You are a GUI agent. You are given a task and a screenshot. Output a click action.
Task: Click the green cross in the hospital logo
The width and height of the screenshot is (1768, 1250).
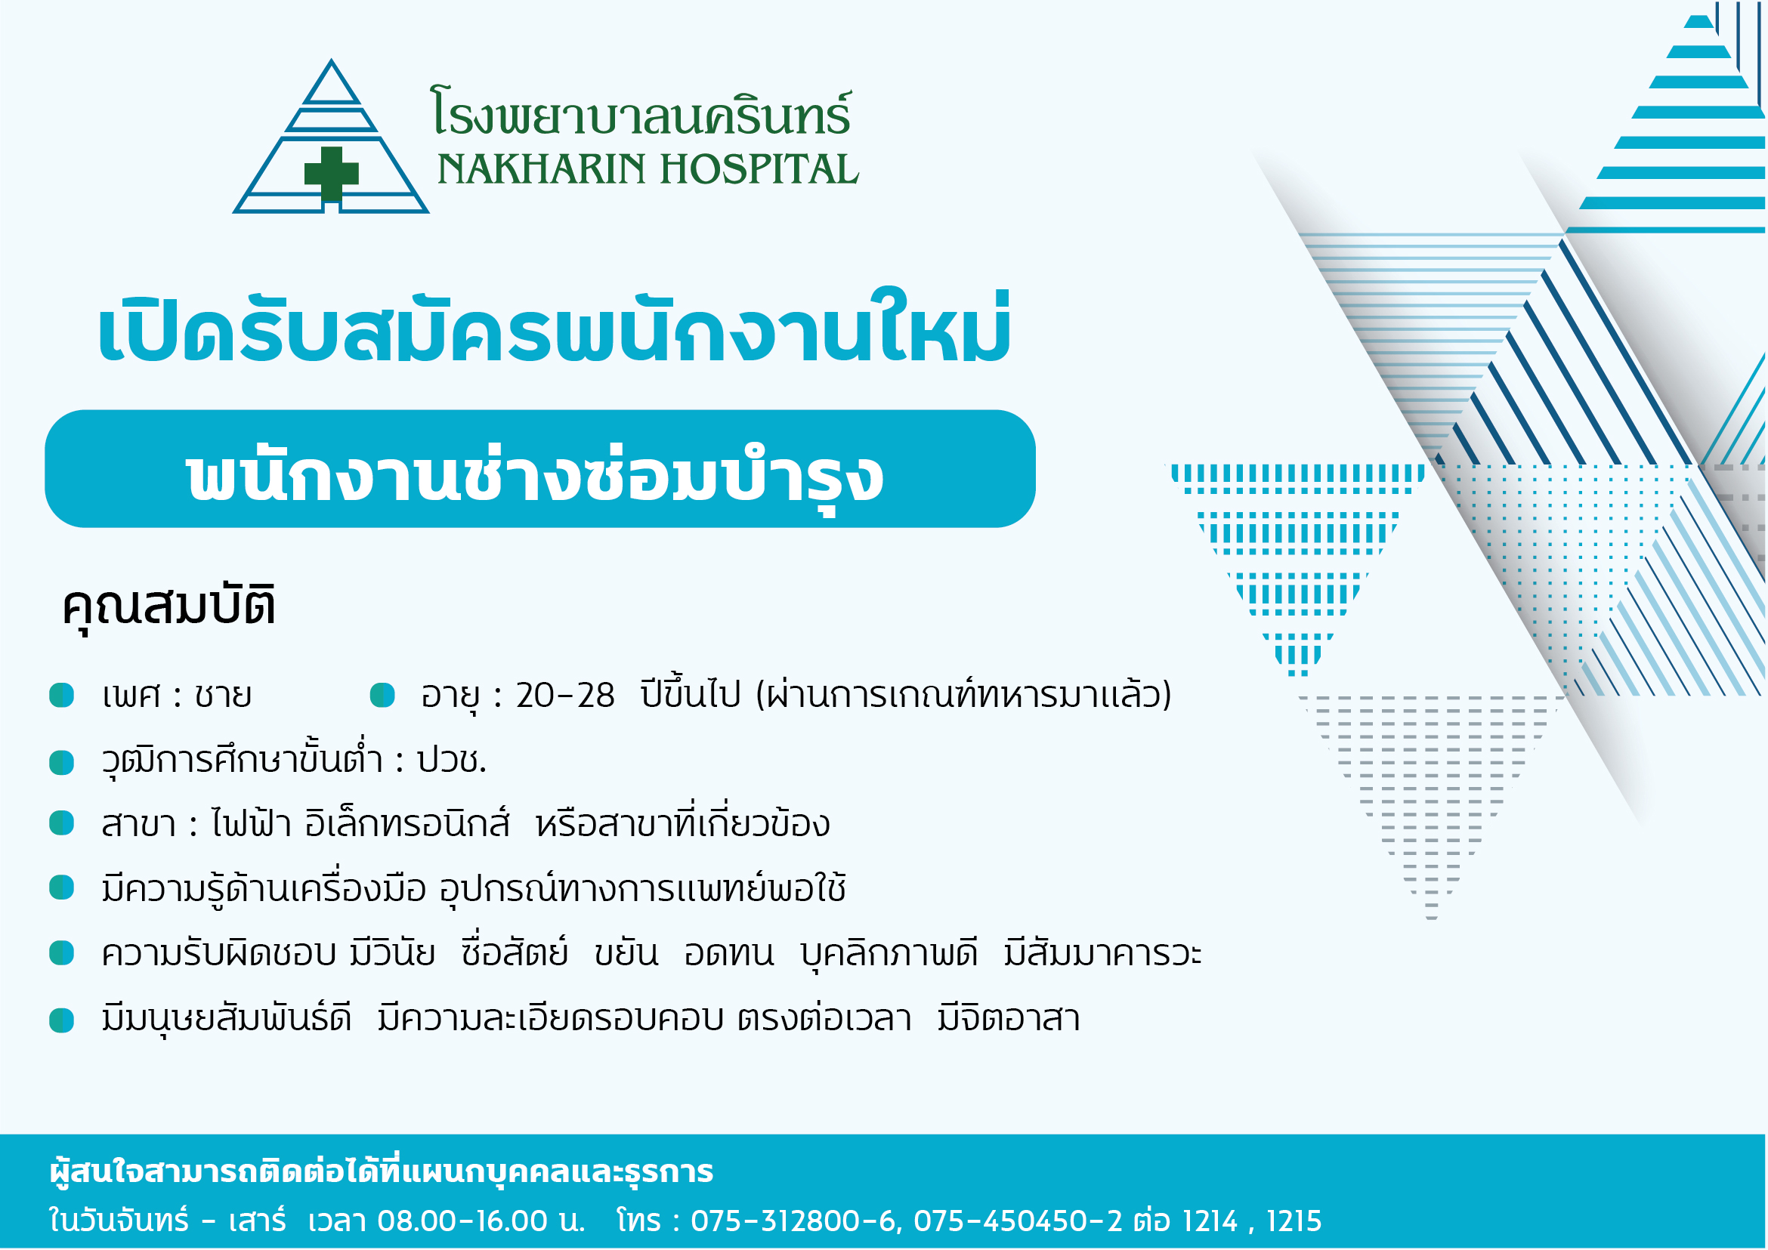[x=331, y=173]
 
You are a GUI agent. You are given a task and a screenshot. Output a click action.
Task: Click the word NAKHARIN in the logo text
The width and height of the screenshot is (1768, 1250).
[x=540, y=169]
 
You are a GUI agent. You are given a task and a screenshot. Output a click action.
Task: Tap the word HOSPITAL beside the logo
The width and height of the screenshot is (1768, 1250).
[x=759, y=169]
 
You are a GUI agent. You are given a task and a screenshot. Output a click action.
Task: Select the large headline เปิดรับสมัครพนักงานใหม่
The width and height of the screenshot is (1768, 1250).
[x=554, y=327]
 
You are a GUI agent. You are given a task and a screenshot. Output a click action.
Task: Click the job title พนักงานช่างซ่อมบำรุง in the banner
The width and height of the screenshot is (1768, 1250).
[x=534, y=475]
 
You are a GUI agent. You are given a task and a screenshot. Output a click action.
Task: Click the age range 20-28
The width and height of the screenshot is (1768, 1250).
[x=565, y=696]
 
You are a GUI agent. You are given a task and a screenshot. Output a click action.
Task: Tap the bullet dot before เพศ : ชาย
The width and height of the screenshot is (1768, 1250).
[x=62, y=695]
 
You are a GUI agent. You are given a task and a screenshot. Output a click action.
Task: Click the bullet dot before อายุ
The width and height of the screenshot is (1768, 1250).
[x=382, y=695]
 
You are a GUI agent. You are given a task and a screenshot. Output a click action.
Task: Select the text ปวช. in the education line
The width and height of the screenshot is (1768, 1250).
[x=451, y=761]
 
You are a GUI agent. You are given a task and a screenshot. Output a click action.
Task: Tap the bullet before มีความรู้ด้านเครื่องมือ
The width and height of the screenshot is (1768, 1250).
[x=62, y=887]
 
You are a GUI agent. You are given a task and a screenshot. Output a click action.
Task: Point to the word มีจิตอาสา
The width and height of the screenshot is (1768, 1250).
[x=1009, y=1017]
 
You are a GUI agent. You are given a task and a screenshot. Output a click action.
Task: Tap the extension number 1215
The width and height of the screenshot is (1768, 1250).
[x=1294, y=1221]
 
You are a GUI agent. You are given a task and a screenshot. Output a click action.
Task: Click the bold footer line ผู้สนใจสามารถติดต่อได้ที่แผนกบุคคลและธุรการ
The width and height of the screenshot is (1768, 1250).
[x=381, y=1171]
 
